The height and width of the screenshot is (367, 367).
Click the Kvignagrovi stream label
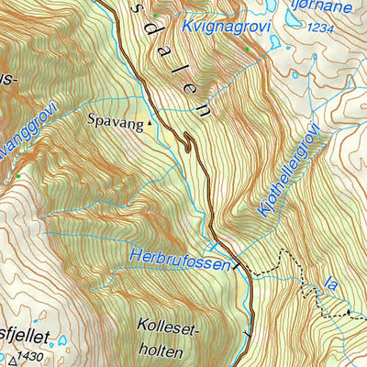click(x=224, y=28)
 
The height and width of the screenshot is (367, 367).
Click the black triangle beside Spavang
click(x=151, y=120)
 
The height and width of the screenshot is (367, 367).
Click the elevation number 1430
click(x=30, y=355)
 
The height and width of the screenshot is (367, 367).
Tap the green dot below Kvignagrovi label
click(x=247, y=49)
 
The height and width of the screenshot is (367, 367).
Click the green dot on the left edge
click(x=17, y=174)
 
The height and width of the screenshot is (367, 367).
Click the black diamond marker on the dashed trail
click(x=348, y=313)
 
